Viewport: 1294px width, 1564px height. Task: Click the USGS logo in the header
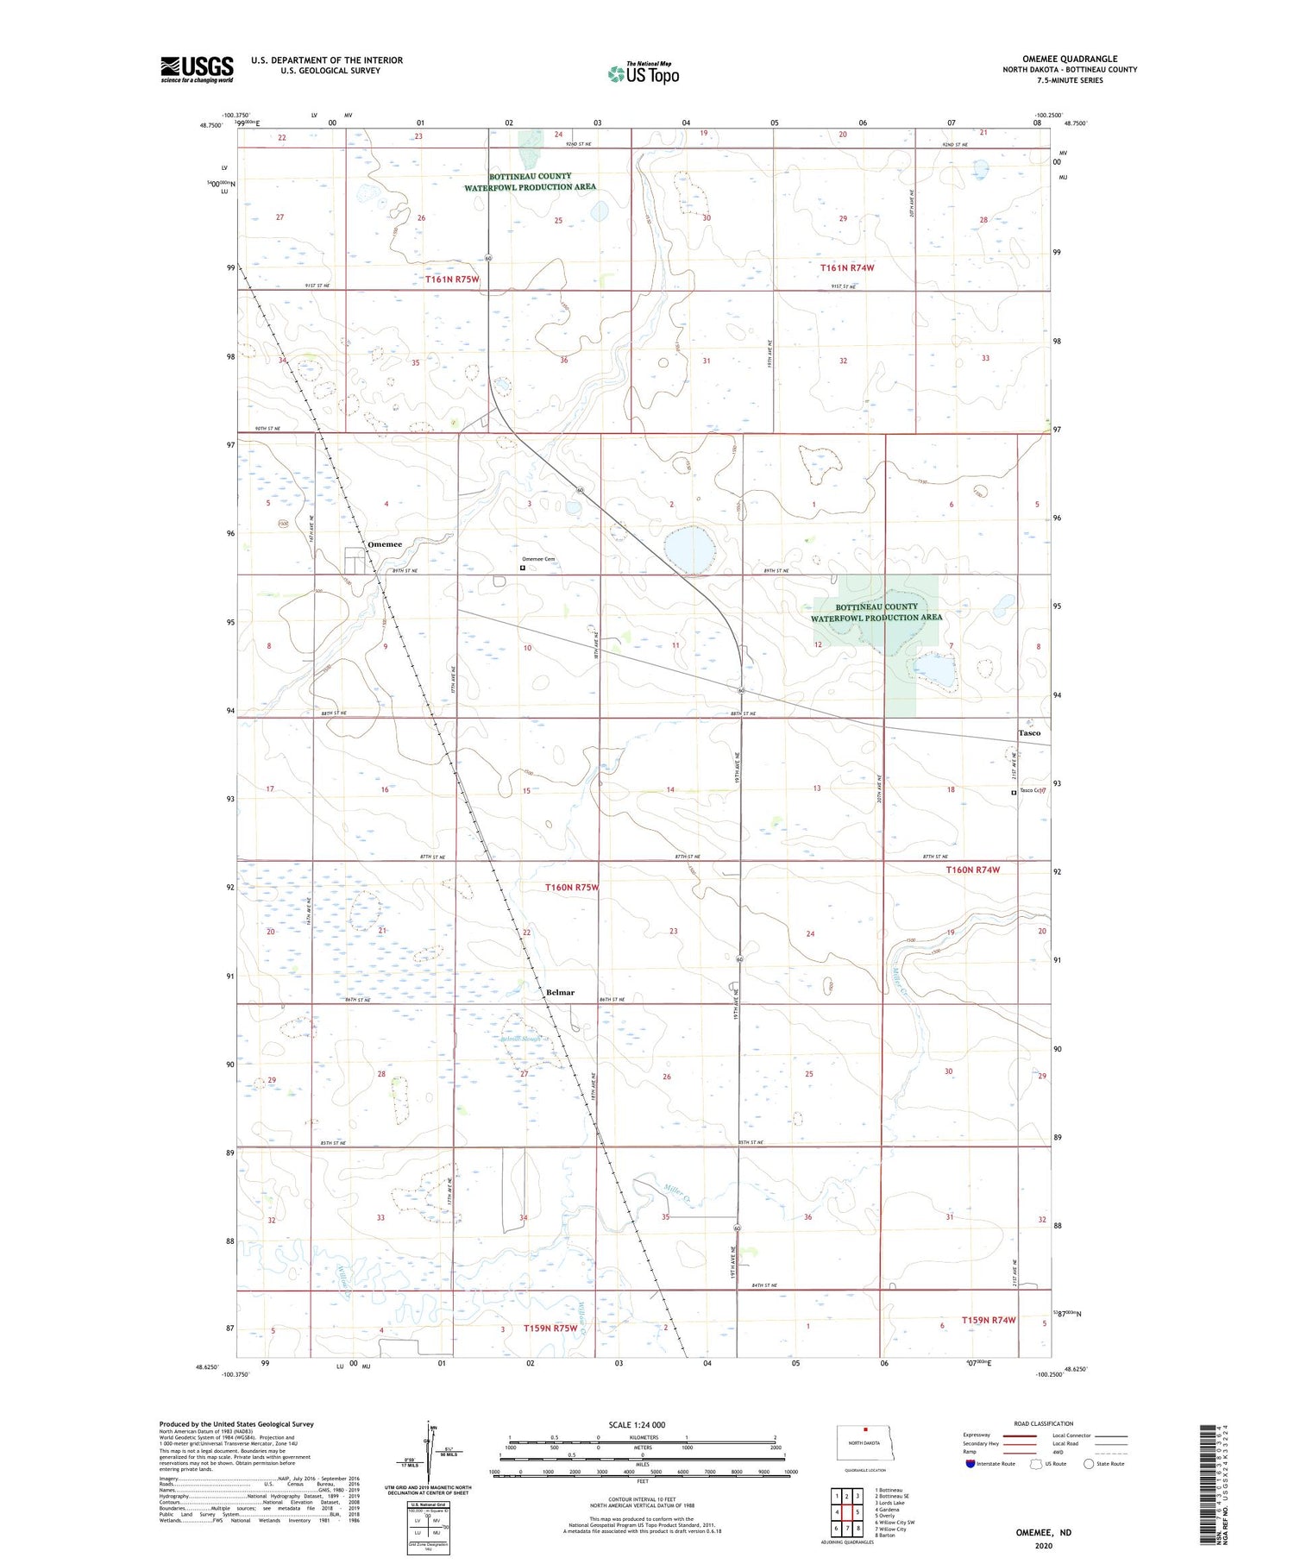197,69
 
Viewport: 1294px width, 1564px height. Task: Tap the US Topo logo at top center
644,74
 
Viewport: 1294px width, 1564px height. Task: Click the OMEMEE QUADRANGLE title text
1070,59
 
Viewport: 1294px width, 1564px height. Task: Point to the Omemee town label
385,544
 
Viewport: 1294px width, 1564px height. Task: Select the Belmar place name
560,992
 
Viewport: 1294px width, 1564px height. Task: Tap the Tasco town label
1029,733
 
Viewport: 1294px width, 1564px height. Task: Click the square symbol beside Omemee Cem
523,568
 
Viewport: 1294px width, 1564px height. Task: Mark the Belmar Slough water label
521,1039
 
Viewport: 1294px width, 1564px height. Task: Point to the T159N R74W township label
977,1321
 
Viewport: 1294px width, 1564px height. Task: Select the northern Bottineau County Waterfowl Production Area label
530,181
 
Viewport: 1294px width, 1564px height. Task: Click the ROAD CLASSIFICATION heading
1044,1423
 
